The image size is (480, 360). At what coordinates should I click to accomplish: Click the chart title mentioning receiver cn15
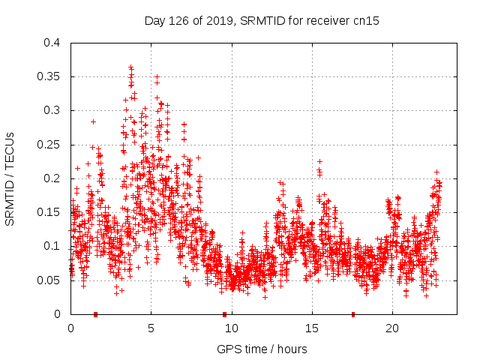click(261, 21)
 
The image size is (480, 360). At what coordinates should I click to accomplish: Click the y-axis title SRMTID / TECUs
click(10, 178)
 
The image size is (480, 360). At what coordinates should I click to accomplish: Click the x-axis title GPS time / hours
click(261, 349)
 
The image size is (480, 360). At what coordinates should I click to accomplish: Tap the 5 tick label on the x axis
click(151, 328)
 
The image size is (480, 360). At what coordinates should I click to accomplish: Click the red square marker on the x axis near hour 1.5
click(95, 313)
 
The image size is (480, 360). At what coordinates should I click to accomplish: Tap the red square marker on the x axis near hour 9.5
click(224, 313)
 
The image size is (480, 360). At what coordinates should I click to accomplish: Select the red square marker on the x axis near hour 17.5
click(353, 313)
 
